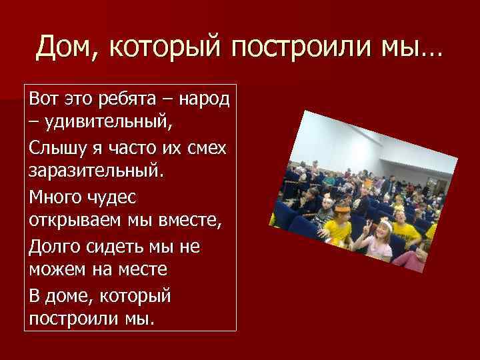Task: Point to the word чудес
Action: point(117,197)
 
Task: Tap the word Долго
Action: point(53,247)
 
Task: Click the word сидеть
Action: point(111,247)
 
